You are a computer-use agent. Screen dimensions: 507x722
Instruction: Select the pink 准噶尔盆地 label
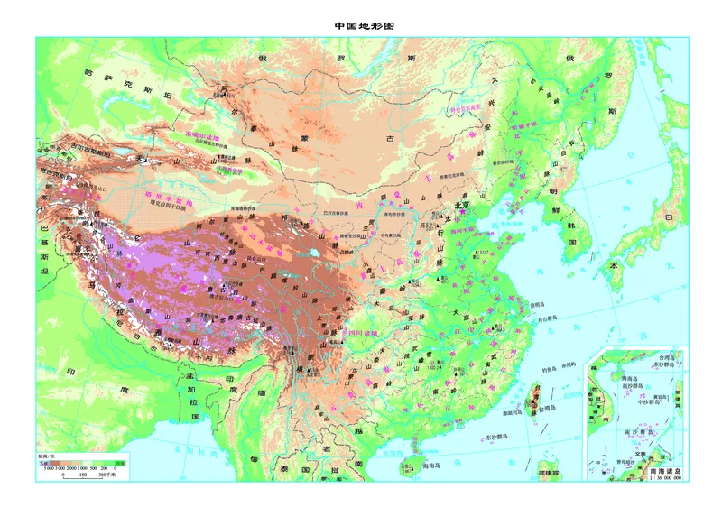201,133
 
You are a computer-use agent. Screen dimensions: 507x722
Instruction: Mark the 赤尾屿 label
568,365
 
